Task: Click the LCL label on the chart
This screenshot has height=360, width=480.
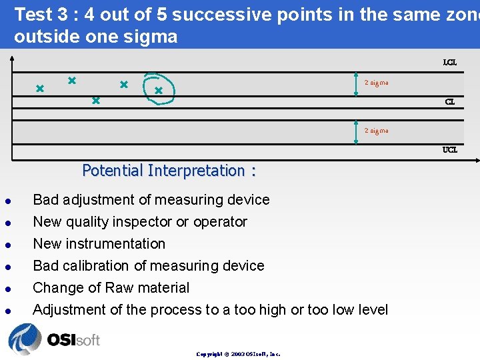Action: [450, 63]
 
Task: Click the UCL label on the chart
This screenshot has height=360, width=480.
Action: [450, 150]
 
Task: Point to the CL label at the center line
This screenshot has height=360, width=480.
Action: [450, 102]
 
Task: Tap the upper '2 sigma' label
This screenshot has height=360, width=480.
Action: [376, 83]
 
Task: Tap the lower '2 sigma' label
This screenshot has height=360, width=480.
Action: [376, 131]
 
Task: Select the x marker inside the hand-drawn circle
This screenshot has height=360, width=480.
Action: [159, 90]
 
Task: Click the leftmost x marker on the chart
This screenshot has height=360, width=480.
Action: [39, 88]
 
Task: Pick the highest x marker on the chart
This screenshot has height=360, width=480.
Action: [71, 80]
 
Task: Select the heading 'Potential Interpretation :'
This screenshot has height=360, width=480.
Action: [169, 171]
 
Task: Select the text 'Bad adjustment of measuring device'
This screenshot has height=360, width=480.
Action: [151, 200]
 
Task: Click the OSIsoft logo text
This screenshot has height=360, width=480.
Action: [73, 340]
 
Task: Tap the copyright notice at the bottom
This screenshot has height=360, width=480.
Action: [238, 354]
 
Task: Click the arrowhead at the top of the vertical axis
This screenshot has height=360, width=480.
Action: [11, 58]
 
